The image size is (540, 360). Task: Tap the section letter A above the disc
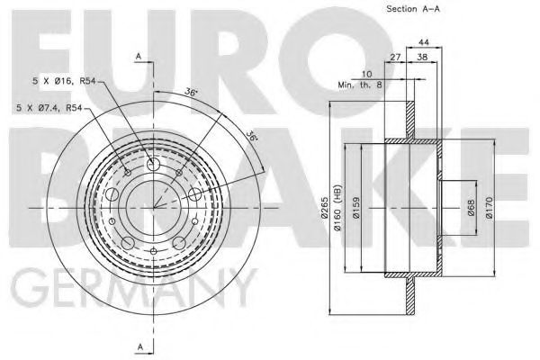tap(139, 56)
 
